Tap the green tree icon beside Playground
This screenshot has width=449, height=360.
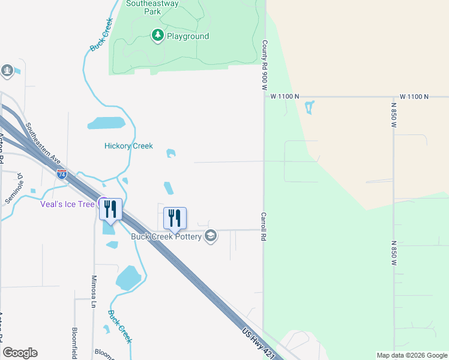coord(158,36)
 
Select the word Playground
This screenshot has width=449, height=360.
coord(188,37)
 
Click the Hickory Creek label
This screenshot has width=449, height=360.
coord(128,146)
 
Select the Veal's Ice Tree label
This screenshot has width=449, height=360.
coord(67,204)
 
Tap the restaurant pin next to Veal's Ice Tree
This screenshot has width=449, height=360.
coord(110,209)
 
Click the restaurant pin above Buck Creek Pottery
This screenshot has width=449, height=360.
coord(175,218)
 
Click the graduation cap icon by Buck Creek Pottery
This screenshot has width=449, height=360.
coord(210,235)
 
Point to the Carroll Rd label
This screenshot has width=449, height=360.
coord(263,226)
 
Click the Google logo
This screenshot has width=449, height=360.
coord(20,353)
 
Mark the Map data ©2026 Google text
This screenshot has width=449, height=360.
coord(412,355)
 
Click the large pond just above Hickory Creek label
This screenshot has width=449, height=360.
coord(106,124)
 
